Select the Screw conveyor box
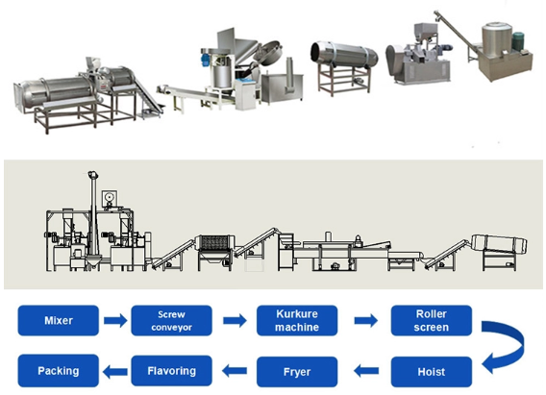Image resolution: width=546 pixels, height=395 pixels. [171, 319]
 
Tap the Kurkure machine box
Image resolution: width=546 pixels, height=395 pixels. [296, 319]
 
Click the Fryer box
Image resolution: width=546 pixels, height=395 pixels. [296, 370]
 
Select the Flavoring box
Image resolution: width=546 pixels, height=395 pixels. [171, 370]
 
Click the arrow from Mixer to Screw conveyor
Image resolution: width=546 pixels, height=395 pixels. [114, 320]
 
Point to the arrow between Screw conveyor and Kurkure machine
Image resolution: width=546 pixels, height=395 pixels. [234, 320]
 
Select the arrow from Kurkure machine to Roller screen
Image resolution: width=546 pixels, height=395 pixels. [363, 320]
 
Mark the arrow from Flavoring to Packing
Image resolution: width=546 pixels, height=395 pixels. [114, 371]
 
